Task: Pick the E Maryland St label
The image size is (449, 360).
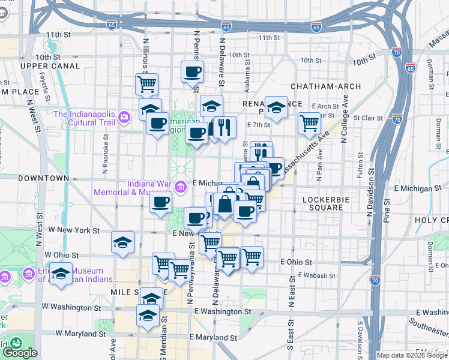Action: coord(213,337)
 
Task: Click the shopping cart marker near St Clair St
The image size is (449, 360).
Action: coord(309,123)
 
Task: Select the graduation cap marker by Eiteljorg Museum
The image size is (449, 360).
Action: coord(61,274)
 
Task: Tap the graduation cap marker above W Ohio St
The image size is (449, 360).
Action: coord(122,242)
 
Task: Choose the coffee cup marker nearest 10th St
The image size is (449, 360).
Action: coord(192,72)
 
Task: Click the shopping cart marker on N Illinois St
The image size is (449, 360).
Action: coord(146,85)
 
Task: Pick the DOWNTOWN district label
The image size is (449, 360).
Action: coord(43,178)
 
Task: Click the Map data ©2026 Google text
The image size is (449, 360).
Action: coord(412,355)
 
